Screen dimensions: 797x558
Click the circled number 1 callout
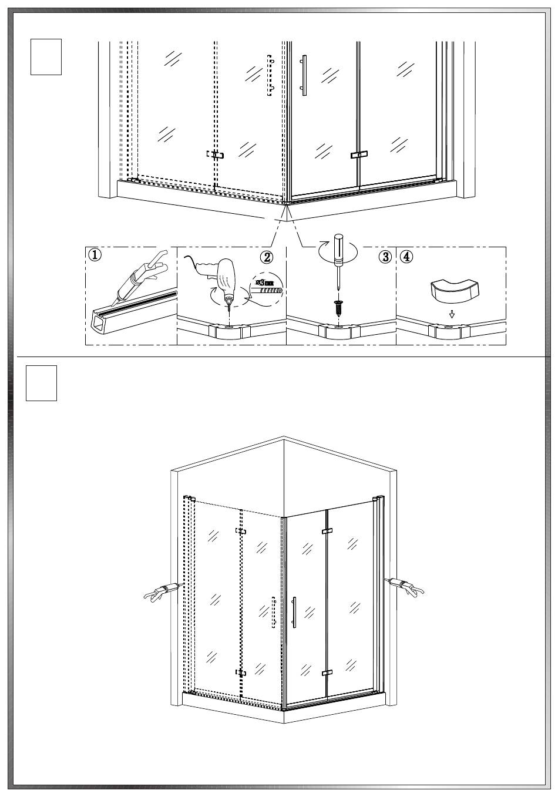[95, 255]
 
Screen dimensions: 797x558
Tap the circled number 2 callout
[267, 257]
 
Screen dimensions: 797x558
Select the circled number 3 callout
[385, 257]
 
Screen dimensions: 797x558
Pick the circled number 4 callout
[406, 257]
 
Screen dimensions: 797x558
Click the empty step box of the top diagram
[46, 57]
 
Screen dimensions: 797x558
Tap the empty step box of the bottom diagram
[41, 383]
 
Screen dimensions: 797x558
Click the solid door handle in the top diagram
[304, 75]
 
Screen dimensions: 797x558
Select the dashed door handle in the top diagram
[270, 75]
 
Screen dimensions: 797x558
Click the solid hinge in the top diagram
[358, 154]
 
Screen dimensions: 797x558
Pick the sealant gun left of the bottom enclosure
[162, 590]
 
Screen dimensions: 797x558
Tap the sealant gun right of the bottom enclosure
[405, 586]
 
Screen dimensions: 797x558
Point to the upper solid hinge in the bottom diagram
[327, 531]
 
